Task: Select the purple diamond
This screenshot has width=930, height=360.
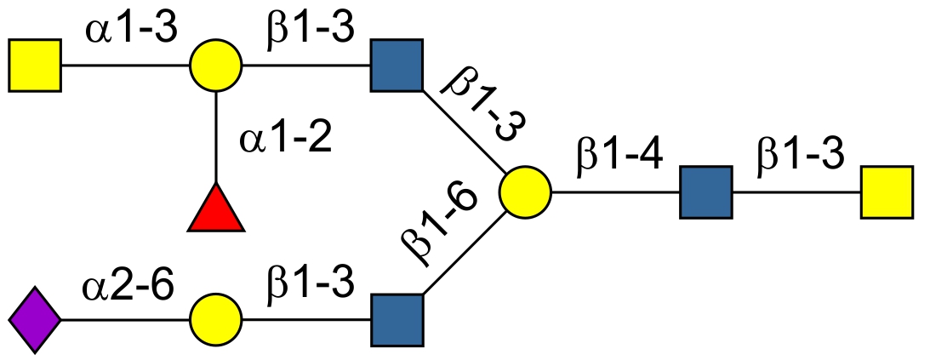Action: point(35,320)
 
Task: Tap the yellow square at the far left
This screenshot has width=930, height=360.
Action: point(35,65)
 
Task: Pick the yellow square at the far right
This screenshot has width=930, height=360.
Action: point(886,192)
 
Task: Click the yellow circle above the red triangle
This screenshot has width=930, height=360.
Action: point(216,65)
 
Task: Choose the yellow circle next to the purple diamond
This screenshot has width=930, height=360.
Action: point(216,320)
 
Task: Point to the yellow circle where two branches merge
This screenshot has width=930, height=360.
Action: point(525,192)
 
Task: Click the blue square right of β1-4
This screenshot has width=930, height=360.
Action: point(705,192)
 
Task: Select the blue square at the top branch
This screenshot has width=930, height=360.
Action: point(397,65)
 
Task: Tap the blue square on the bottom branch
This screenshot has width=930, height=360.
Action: point(397,320)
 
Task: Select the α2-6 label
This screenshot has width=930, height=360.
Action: point(128,286)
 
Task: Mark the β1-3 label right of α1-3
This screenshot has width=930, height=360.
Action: point(309,31)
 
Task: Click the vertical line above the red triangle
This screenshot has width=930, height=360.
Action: point(216,136)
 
